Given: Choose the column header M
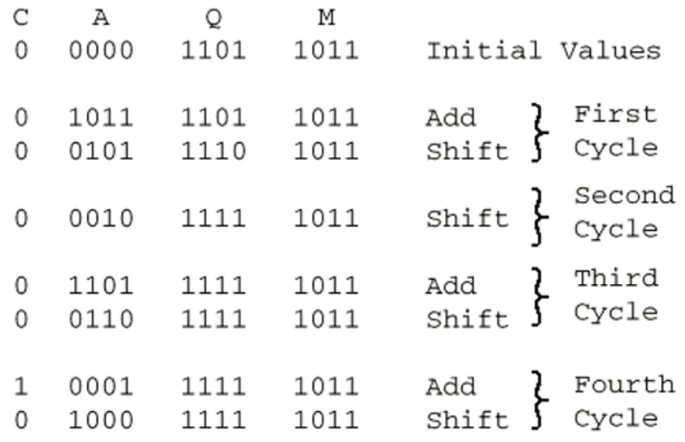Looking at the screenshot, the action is click(x=326, y=17).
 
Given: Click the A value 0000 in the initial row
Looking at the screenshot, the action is click(x=101, y=50).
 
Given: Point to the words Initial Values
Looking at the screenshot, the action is click(x=543, y=50).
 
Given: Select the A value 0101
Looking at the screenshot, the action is click(x=101, y=152).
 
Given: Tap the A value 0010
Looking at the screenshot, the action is click(x=101, y=219).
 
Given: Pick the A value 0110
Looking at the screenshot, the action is click(x=101, y=320).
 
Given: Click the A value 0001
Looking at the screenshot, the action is click(x=101, y=387).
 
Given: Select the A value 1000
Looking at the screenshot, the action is click(x=101, y=420).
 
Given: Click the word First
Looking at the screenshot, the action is click(x=615, y=114).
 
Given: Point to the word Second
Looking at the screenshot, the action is click(x=624, y=196).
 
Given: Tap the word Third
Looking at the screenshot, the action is click(x=615, y=278).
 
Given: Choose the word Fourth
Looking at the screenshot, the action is click(x=624, y=385).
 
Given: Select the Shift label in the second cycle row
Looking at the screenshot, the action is click(x=467, y=219).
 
